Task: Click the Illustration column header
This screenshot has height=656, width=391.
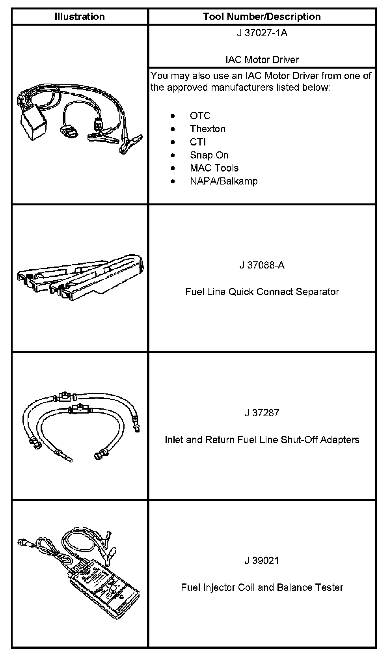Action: point(79,17)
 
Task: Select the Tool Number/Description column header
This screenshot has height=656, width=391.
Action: point(262,17)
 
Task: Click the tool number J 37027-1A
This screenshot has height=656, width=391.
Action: point(262,33)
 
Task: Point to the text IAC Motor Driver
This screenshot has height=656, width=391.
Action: point(262,60)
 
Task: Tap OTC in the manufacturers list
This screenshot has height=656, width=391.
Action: point(200,116)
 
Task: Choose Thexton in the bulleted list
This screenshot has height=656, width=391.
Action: point(207,129)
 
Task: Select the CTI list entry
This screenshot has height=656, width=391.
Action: point(198,142)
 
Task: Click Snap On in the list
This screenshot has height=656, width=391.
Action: point(209,155)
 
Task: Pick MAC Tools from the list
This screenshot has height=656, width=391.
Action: point(214,168)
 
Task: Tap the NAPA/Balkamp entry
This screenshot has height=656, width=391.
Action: point(223,181)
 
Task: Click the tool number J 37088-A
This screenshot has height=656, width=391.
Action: point(262,265)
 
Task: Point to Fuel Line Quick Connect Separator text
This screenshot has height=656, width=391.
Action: point(262,292)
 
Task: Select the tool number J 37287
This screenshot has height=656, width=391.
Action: point(262,413)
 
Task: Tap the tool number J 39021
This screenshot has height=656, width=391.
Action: point(262,561)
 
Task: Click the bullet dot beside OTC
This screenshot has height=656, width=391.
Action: point(173,116)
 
